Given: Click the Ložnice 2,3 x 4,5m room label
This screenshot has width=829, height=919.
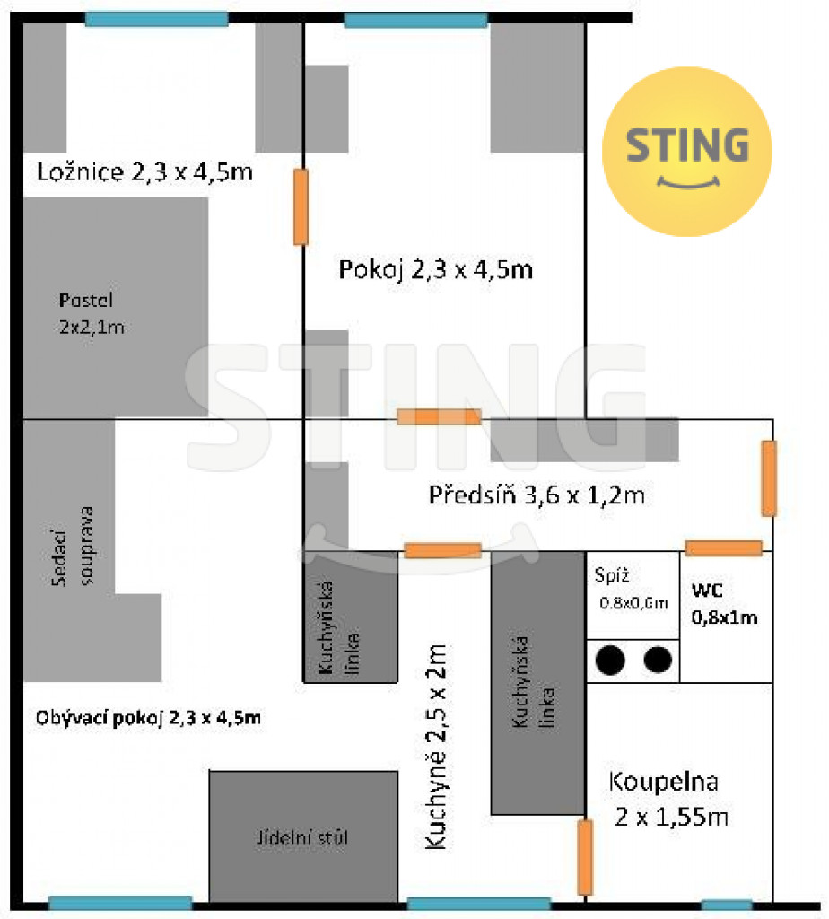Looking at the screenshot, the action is point(144,171).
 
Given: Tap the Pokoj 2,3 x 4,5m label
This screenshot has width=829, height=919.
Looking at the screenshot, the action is point(436,269).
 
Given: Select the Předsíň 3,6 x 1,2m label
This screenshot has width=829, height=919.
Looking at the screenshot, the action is point(537,495).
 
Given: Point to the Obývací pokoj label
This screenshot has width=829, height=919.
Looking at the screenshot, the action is point(148,718).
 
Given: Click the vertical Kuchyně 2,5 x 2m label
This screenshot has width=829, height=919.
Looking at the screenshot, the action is point(436,747).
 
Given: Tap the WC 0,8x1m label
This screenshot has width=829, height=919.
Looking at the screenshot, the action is point(724,604).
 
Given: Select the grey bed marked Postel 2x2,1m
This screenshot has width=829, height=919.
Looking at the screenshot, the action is point(116,307).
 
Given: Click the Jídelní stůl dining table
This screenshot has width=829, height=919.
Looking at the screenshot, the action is point(303,837).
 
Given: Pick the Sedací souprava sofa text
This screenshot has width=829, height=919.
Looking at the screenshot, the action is point(73,547).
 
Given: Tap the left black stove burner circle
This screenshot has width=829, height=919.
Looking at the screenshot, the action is point(610,661).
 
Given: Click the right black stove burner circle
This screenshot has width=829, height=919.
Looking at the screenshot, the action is point(658,660).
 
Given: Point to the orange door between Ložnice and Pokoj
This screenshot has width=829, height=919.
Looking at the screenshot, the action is point(301,207).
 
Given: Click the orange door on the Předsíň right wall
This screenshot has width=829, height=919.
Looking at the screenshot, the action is point(769,478).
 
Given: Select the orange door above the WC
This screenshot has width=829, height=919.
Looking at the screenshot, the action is point(724,548).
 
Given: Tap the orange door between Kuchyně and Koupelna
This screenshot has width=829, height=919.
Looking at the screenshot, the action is point(585,857).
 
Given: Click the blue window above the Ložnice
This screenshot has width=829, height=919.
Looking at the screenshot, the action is point(156,19).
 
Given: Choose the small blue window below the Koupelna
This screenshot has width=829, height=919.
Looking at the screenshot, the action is point(727,906).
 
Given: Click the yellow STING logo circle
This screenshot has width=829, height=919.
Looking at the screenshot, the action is point(687,151).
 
